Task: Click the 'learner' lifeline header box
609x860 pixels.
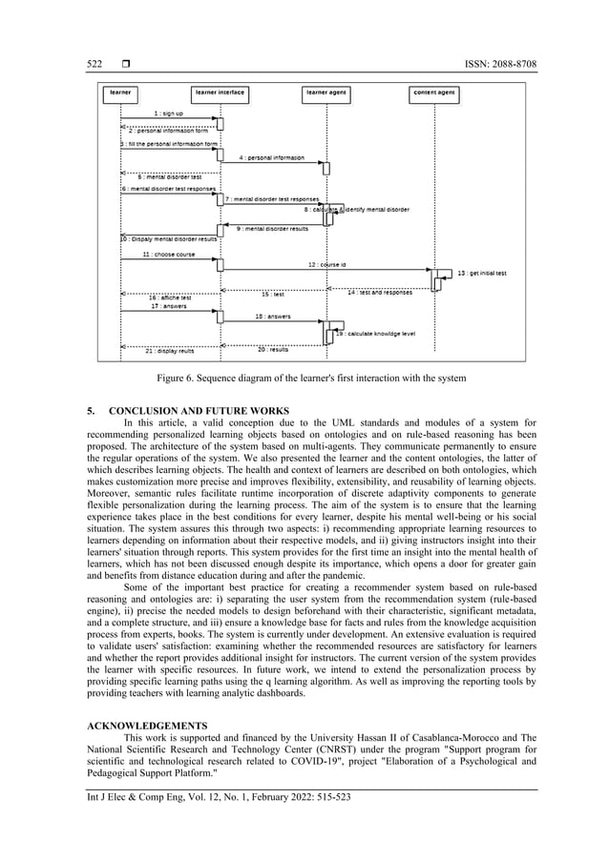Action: click(121, 93)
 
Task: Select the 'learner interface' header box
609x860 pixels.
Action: click(220, 93)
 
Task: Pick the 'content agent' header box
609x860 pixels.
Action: click(434, 93)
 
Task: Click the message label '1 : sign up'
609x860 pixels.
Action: click(169, 113)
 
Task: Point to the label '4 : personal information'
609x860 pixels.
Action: click(271, 156)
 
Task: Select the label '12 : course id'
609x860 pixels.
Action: click(327, 264)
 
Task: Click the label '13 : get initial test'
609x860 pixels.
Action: click(482, 273)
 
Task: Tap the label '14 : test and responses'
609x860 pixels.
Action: click(380, 293)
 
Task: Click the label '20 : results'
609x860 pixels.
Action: click(273, 349)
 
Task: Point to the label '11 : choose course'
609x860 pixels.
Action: click(168, 255)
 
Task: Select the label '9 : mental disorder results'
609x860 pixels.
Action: click(272, 229)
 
